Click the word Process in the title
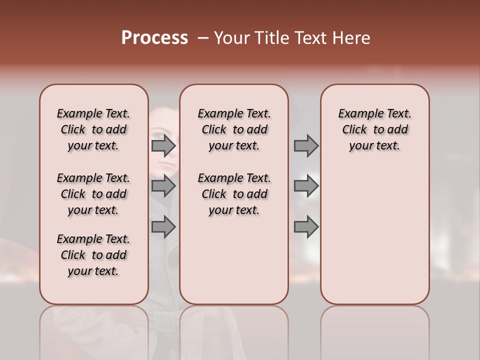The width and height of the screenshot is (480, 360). point(154,38)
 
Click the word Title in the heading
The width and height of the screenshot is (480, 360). point(270,38)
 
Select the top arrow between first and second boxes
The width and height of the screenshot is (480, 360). point(163,146)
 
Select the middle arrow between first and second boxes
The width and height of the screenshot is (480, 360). point(163,186)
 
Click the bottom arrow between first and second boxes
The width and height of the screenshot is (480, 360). point(163,227)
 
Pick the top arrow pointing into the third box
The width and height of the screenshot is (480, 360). point(306,146)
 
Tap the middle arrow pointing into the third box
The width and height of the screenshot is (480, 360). point(306,186)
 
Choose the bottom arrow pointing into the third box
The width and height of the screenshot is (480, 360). point(306,227)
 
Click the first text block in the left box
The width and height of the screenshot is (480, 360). point(93,129)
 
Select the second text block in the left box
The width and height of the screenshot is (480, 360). point(93,194)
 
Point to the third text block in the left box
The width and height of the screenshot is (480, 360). point(93,255)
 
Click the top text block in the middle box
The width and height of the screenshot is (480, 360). point(234,129)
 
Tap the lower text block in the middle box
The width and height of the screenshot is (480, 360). point(234,194)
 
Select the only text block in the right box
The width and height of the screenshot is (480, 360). point(374,129)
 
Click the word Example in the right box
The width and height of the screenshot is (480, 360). point(359,114)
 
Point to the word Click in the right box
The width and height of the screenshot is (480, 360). point(354,130)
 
